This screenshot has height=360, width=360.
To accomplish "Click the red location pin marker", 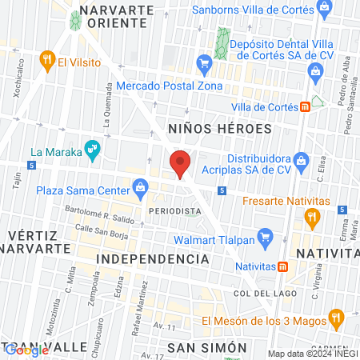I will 181,163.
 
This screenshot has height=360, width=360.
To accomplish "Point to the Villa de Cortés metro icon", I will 305,108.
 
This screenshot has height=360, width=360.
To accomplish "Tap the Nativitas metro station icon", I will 282,266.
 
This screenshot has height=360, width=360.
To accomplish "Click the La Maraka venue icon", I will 94,149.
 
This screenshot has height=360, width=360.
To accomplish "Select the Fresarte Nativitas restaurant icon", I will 313,215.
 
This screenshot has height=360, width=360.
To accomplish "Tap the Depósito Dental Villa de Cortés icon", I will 205,60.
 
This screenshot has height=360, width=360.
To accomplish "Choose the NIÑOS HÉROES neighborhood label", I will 221,128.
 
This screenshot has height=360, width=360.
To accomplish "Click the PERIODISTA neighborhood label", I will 174,210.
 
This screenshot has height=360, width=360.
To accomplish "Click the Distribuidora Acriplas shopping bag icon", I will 301,165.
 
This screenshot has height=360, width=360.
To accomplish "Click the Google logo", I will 26,350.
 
